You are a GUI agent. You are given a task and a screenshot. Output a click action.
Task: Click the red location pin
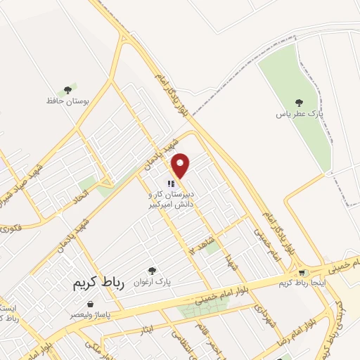click(181, 165)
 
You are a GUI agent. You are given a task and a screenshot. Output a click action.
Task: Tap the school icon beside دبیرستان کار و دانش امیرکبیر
click(170, 184)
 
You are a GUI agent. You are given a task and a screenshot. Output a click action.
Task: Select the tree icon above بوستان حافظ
click(67, 89)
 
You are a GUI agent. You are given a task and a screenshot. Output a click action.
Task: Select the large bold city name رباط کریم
click(98, 283)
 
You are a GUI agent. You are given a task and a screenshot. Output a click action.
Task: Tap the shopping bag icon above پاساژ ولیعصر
click(90, 304)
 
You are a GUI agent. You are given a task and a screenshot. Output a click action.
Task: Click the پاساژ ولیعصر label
click(89, 315)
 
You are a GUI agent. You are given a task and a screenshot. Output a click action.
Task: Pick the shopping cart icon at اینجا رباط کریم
click(302, 273)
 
